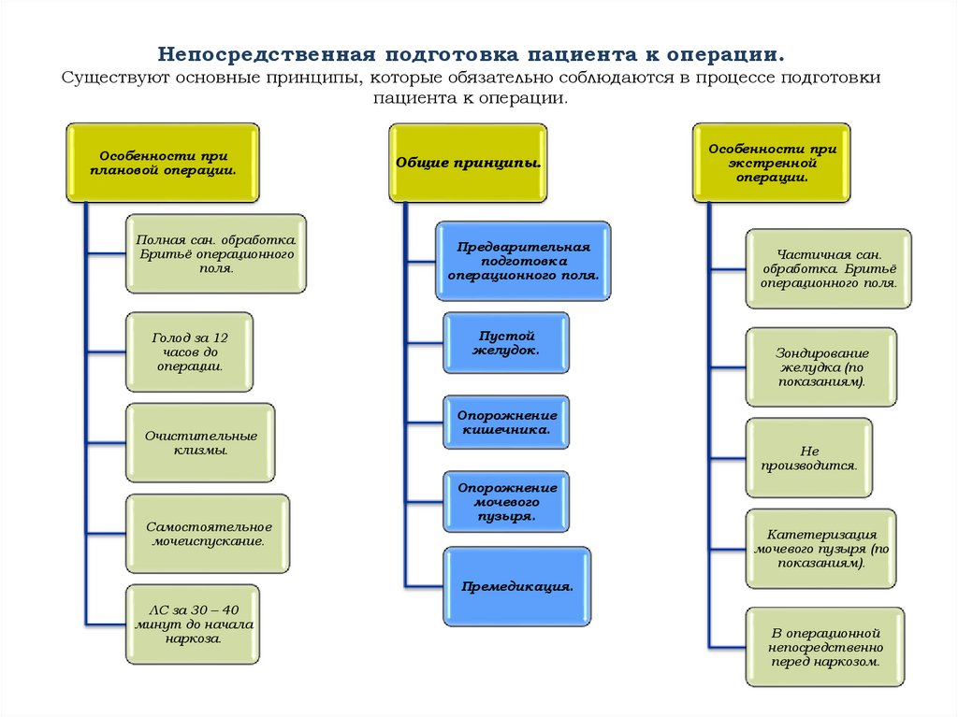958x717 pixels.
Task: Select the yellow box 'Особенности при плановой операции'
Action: (x=163, y=163)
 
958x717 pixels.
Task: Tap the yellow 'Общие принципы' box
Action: (x=469, y=163)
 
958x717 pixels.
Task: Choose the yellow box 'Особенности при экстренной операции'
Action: (x=772, y=163)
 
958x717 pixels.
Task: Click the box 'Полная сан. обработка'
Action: (x=216, y=253)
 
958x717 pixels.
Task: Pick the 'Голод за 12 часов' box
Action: (x=189, y=351)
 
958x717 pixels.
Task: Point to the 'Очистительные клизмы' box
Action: (x=200, y=443)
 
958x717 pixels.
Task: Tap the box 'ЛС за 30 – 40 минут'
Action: (x=193, y=625)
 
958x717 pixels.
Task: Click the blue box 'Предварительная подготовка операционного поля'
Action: (x=523, y=261)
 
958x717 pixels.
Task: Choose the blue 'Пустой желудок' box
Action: (x=506, y=341)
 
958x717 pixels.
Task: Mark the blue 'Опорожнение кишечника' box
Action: (x=507, y=422)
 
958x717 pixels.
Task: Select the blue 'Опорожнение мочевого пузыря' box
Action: (x=507, y=502)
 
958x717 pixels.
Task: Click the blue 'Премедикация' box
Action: (x=516, y=586)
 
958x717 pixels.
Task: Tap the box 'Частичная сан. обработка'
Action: (x=828, y=268)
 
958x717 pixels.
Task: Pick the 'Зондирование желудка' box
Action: (x=820, y=367)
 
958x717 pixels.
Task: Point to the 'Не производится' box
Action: (x=809, y=458)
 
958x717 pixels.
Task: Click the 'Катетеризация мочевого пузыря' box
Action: (x=820, y=549)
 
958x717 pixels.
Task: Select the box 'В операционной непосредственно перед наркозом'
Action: (x=824, y=647)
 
